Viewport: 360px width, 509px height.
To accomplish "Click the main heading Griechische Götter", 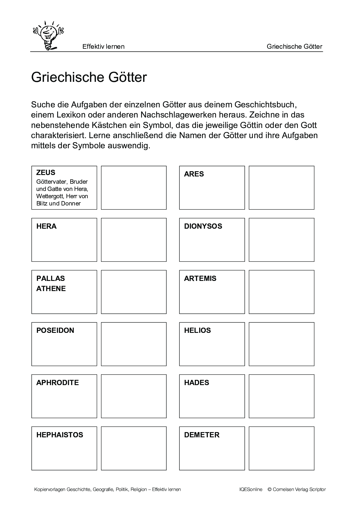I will coord(89,77).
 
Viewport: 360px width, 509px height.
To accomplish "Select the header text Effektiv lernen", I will coord(103,46).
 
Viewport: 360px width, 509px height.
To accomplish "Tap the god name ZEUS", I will coord(46,173).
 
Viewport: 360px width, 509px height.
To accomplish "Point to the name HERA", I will coord(46,226).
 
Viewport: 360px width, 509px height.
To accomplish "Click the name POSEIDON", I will coord(55,331).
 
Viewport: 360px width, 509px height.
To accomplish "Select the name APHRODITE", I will coord(57,383).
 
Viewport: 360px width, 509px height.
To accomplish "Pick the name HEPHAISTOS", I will coord(60,435).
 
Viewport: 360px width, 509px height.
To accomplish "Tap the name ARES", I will coord(194,174).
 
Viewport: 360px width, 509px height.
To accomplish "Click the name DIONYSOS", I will coord(203,226).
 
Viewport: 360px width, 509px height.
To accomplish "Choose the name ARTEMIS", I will coord(200,279).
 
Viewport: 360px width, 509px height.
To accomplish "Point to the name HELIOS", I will coord(197,331).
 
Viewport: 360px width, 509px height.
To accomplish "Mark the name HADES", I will coord(197,383).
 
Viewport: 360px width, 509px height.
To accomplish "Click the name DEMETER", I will coord(202,435).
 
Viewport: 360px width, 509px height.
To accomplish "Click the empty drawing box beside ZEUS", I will coord(134,188).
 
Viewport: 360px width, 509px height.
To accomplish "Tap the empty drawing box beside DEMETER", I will coord(281,448).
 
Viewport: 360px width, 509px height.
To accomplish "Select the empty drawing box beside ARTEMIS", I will coord(281,292).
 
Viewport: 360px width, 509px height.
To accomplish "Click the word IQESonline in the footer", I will coord(251,490).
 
